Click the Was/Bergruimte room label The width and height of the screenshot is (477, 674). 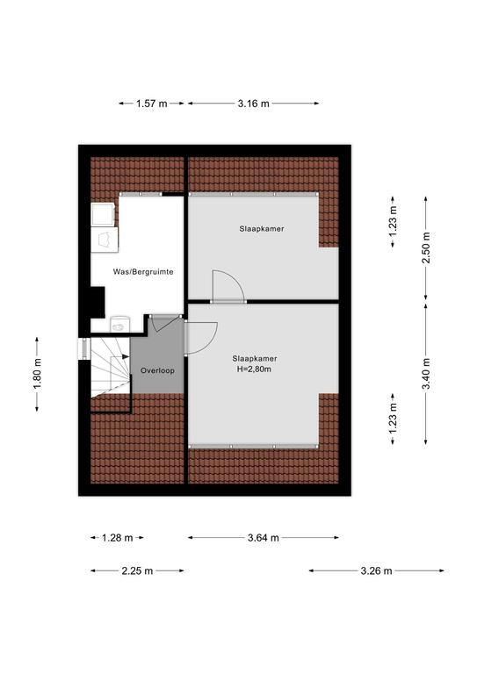pyautogui.click(x=143, y=272)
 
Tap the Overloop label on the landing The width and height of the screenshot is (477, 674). pyautogui.click(x=157, y=370)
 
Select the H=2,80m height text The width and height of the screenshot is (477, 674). pyautogui.click(x=254, y=369)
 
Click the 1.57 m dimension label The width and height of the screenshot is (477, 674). pyautogui.click(x=151, y=104)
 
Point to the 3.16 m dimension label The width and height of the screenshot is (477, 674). pyautogui.click(x=253, y=104)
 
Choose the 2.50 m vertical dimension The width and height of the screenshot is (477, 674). pyautogui.click(x=426, y=248)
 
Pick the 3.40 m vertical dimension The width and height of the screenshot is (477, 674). pyautogui.click(x=426, y=374)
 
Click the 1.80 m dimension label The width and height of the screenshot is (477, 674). pyautogui.click(x=37, y=374)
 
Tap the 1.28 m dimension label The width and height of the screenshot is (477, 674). pyautogui.click(x=118, y=538)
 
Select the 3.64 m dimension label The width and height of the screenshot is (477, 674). pyautogui.click(x=264, y=538)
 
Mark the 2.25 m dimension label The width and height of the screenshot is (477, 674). pyautogui.click(x=137, y=571)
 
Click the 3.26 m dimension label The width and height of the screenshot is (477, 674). pyautogui.click(x=376, y=571)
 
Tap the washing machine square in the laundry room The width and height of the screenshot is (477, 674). pyautogui.click(x=104, y=215)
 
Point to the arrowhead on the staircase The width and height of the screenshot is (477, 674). pyautogui.click(x=126, y=356)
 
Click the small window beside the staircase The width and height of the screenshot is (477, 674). pyautogui.click(x=84, y=348)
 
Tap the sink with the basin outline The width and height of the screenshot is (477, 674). pyautogui.click(x=105, y=240)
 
